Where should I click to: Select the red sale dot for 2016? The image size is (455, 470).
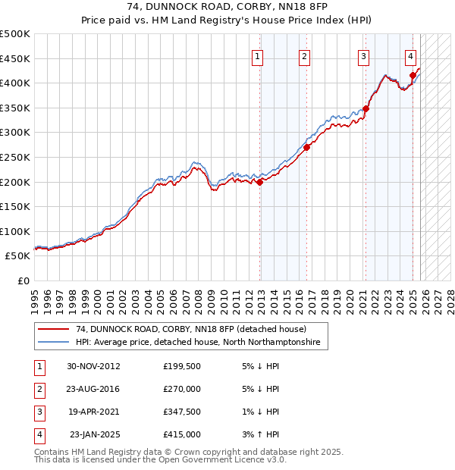307,148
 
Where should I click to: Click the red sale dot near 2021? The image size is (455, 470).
366,109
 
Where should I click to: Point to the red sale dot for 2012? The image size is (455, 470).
260,182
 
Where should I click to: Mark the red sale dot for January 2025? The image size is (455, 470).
413,75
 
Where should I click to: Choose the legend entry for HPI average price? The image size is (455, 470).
198,343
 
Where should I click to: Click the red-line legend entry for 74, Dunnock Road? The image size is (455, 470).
190,329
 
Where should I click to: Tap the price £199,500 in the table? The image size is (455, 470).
181,366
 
